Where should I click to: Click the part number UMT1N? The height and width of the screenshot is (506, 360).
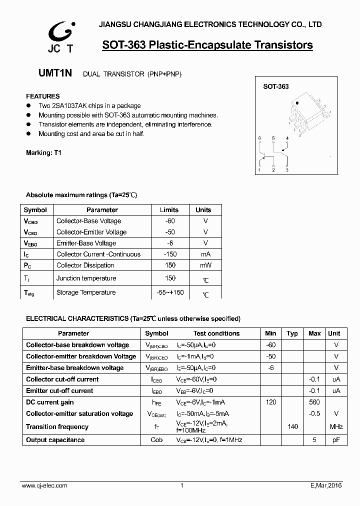(x=55, y=73)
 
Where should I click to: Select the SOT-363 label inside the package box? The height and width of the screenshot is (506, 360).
(x=276, y=86)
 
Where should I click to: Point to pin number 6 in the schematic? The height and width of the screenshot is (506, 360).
(x=259, y=138)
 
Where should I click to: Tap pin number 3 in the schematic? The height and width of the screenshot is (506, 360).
(x=287, y=170)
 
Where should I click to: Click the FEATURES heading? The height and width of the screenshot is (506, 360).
(x=42, y=96)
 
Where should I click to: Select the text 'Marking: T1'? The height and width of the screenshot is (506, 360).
(x=43, y=152)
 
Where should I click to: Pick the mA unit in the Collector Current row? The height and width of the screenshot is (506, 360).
(x=205, y=254)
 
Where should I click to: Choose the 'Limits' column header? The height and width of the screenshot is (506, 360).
(x=169, y=210)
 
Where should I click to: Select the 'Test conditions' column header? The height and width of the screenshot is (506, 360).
(x=216, y=333)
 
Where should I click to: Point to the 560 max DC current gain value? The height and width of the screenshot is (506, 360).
(x=314, y=402)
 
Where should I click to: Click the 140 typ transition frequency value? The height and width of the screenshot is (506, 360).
(x=292, y=426)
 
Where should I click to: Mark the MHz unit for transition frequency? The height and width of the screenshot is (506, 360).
(x=336, y=426)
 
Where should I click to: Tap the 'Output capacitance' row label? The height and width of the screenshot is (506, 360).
(x=55, y=440)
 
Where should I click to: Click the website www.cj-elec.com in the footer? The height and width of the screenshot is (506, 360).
(x=45, y=485)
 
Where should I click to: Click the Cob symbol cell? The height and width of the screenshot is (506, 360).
(x=156, y=440)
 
